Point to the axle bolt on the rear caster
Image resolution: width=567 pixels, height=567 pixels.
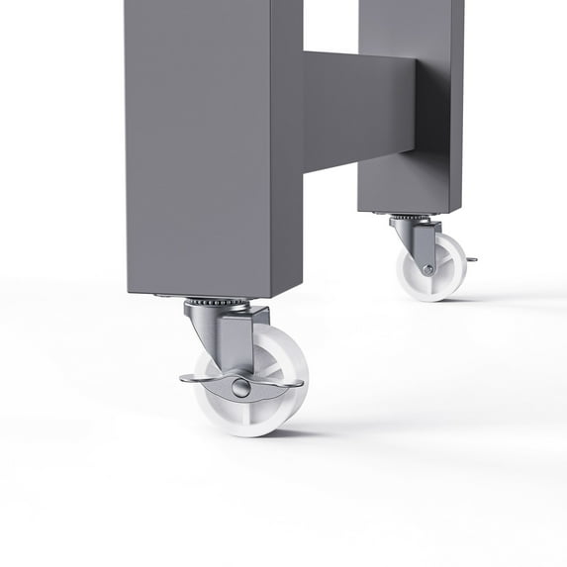click(427, 268)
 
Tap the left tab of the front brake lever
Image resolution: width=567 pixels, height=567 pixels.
click(194, 377)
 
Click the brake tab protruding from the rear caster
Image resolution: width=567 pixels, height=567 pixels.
click(471, 260)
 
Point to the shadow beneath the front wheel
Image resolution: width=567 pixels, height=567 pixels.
click(297, 431)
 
